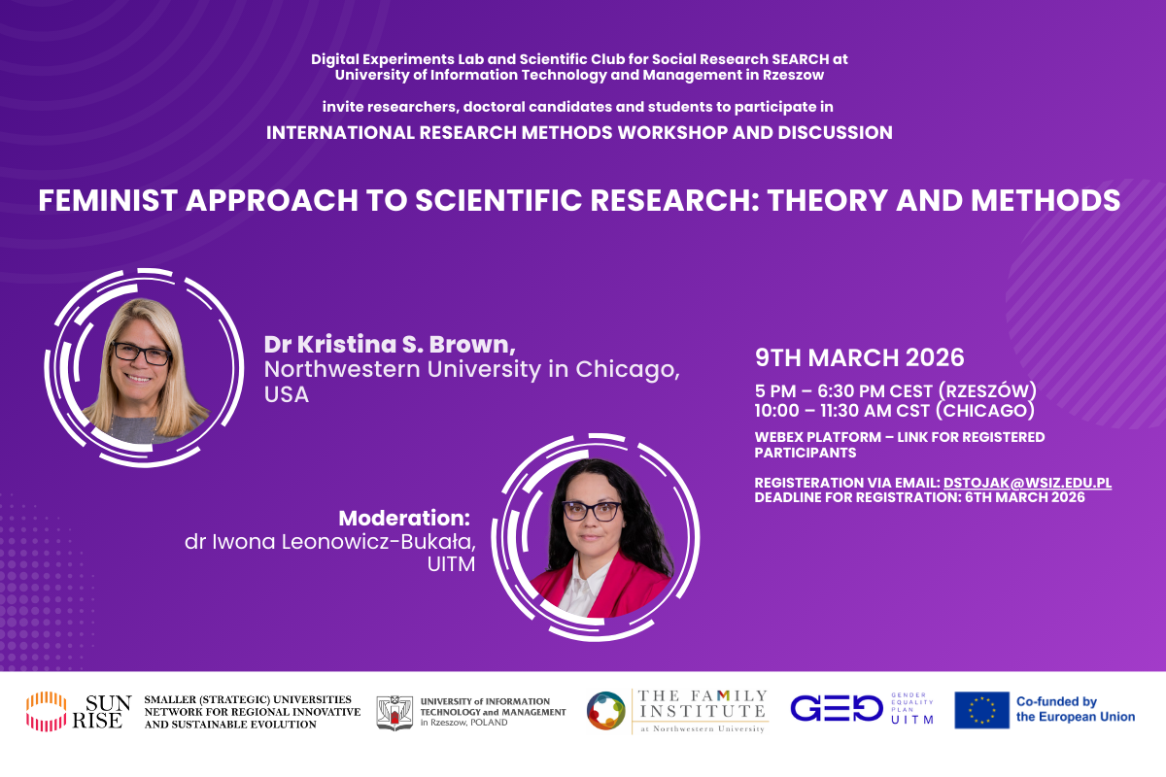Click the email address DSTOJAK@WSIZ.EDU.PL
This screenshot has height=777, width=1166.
[1027, 483]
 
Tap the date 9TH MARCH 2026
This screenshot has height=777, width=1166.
[860, 357]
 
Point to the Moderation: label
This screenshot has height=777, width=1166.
[404, 518]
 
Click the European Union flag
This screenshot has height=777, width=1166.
[981, 710]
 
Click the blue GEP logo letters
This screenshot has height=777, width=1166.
[836, 708]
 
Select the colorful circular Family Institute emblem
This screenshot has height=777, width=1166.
[605, 710]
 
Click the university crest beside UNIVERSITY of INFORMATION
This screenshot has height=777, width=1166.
[395, 711]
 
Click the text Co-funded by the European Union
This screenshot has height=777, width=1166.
[1075, 709]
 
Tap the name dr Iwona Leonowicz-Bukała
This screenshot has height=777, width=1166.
[330, 541]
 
